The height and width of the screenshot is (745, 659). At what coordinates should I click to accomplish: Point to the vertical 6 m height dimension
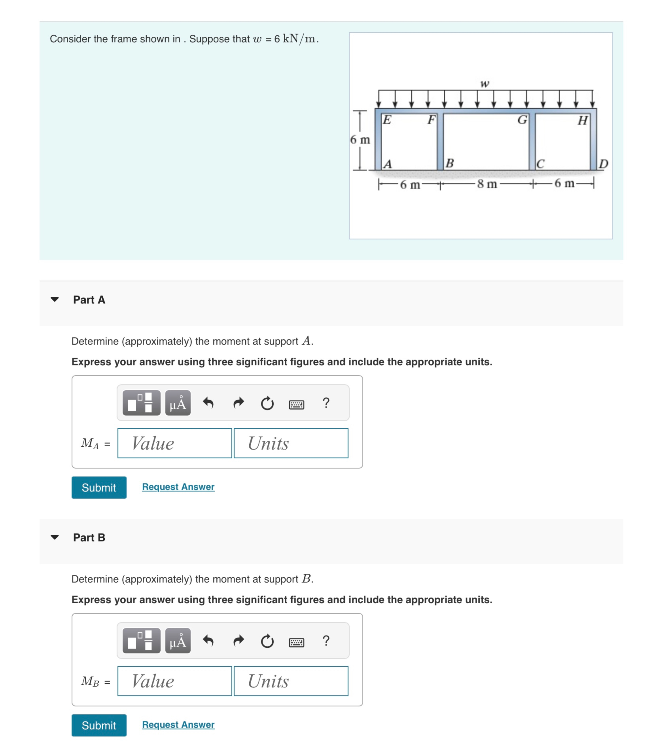point(360,140)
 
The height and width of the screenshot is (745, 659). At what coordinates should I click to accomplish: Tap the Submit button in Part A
point(99,487)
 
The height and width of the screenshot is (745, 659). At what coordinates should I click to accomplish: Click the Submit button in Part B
point(99,725)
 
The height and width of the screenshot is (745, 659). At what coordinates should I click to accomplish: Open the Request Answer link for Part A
point(178,487)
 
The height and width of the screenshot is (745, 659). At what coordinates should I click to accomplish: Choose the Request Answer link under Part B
point(178,724)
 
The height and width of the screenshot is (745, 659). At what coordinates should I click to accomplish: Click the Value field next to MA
point(174,443)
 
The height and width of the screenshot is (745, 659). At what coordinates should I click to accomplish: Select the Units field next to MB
point(291,681)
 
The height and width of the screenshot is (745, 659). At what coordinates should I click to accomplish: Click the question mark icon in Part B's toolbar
point(326,640)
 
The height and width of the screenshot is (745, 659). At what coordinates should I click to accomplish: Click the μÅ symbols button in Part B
point(178,640)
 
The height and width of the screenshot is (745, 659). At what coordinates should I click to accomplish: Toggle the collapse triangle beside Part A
point(55,300)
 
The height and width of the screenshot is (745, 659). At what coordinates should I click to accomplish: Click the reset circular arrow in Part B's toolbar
point(267,641)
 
